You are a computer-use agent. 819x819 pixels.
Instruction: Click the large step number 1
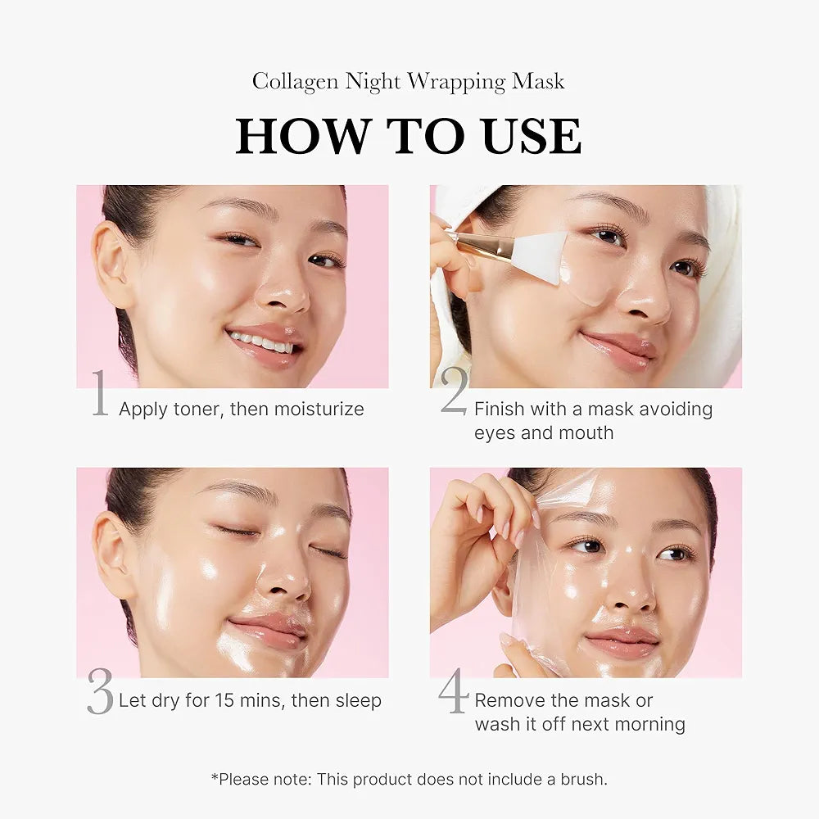point(100,394)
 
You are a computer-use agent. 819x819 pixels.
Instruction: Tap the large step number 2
point(455,392)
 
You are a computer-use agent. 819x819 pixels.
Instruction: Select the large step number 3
point(100,693)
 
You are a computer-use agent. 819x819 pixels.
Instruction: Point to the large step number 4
point(453,692)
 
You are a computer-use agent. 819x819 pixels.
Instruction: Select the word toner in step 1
point(194,409)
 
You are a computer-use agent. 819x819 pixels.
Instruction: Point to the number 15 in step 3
point(224,701)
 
